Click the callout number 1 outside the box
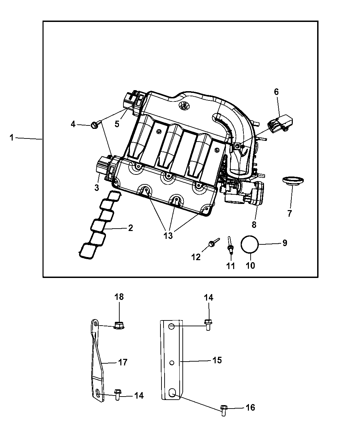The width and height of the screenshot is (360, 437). coord(12,138)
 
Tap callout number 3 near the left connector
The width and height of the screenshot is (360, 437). coord(97,187)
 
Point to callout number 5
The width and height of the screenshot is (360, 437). coord(117,124)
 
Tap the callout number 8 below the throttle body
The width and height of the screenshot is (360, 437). coord(254,225)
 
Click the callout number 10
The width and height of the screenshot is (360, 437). coord(250,266)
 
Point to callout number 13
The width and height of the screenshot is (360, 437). coord(168,235)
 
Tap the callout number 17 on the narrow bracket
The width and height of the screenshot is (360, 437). coord(123,362)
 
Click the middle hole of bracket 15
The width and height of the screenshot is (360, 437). coord(172,362)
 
